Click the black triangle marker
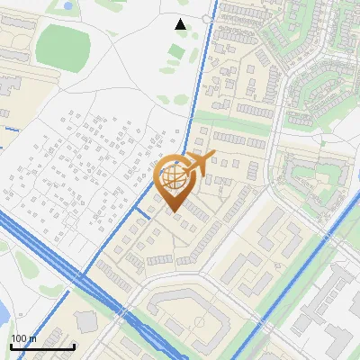click(181, 24)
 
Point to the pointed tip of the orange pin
click(173, 212)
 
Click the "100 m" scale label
click(23, 338)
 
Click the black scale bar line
click(41, 346)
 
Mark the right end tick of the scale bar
click(74, 345)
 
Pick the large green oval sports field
click(63, 42)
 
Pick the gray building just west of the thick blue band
click(86, 320)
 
